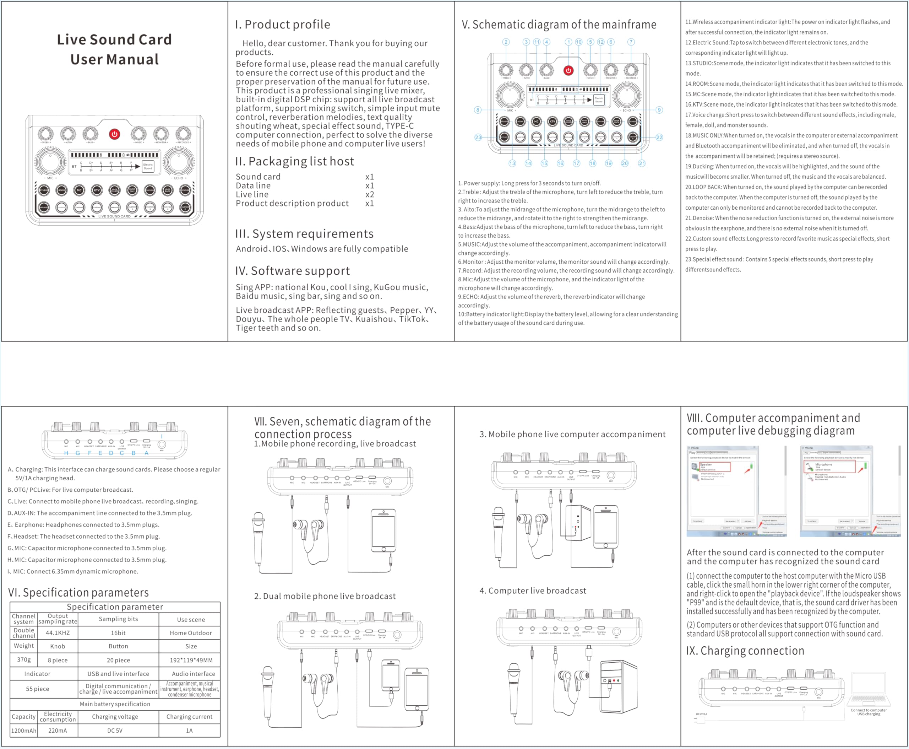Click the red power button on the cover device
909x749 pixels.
pyautogui.click(x=114, y=134)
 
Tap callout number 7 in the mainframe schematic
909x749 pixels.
pyautogui.click(x=631, y=42)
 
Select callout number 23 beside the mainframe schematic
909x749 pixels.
pyautogui.click(x=478, y=137)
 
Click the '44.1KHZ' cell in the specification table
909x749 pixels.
pyautogui.click(x=58, y=633)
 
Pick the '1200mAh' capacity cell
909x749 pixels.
pyautogui.click(x=24, y=731)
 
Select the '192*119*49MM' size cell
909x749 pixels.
pyautogui.click(x=191, y=660)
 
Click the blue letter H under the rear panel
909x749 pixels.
pyautogui.click(x=66, y=453)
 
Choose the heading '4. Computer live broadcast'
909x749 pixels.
pyautogui.click(x=533, y=591)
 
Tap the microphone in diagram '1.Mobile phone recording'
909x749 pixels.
pyautogui.click(x=258, y=537)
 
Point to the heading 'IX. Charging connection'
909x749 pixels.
pyautogui.click(x=745, y=651)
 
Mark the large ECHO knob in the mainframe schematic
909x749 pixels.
pyautogui.click(x=627, y=96)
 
